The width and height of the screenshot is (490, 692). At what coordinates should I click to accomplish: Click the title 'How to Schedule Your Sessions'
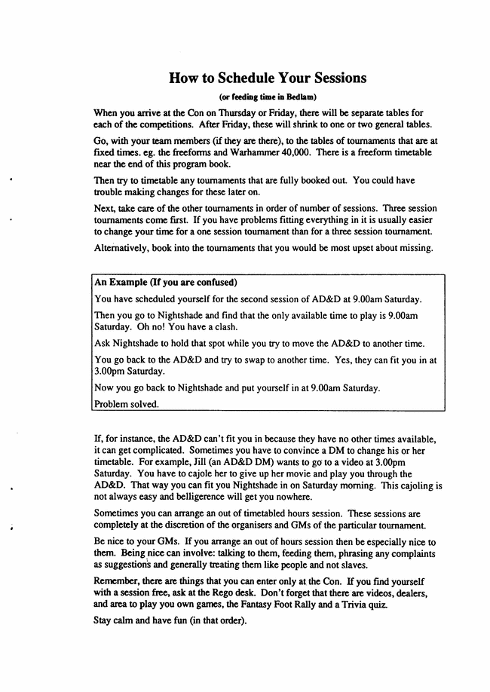[x=268, y=78]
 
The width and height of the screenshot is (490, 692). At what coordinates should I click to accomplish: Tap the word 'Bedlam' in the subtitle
[x=301, y=96]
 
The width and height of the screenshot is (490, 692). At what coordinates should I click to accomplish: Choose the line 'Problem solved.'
[x=127, y=403]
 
